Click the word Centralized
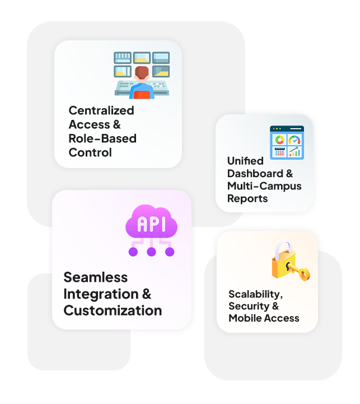tap(101, 110)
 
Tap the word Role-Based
tap(102, 138)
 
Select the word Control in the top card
tap(90, 152)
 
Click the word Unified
tap(245, 161)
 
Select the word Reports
tap(247, 198)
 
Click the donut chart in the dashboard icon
tap(279, 140)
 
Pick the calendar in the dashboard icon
tap(279, 152)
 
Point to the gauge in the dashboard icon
tap(294, 140)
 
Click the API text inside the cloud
tap(151, 225)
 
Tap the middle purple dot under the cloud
tap(151, 252)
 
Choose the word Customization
tap(113, 310)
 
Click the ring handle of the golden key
tap(303, 275)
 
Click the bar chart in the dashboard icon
tap(294, 152)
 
